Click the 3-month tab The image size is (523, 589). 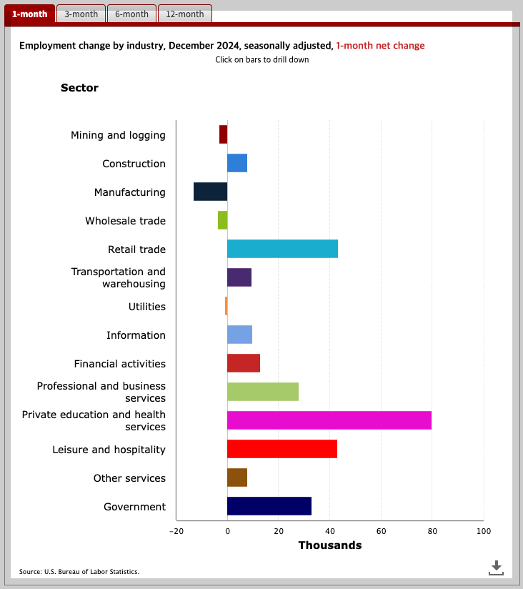tap(81, 14)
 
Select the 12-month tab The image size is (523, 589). tap(185, 14)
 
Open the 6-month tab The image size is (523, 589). tap(132, 14)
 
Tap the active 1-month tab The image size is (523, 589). tap(30, 14)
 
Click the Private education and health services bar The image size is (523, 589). tap(329, 420)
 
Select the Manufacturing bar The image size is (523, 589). tap(210, 192)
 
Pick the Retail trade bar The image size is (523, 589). tap(282, 249)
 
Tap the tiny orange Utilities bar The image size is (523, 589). tap(226, 306)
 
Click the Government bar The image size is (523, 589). tap(269, 506)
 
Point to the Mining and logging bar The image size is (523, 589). tap(223, 134)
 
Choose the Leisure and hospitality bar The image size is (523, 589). tap(282, 449)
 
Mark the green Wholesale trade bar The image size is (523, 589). tap(222, 220)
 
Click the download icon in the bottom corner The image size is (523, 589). tap(496, 568)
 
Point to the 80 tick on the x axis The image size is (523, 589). tap(432, 531)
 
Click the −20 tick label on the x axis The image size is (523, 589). tap(176, 531)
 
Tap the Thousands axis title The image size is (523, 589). tap(329, 545)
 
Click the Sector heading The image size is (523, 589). tap(79, 88)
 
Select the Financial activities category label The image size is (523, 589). tap(119, 364)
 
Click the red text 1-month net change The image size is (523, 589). tap(380, 46)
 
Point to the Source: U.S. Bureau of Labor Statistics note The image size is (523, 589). tap(79, 572)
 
